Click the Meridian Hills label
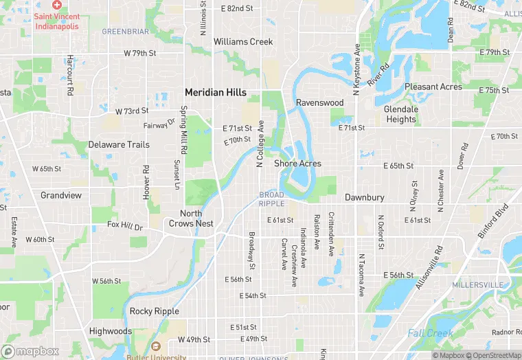pos(215,92)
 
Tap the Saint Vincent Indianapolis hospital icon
pos(57,5)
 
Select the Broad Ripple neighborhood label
pos(271,199)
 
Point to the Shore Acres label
pos(297,164)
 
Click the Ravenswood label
pos(319,102)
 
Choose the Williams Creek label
pos(243,42)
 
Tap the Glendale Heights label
pos(400,114)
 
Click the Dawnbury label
pos(364,197)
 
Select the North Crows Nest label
pos(191,218)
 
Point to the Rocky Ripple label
pos(155,311)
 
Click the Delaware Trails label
pos(119,145)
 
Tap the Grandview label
pos(60,195)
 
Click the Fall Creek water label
pos(430,333)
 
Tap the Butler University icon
pos(157,348)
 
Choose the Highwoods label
pos(110,331)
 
